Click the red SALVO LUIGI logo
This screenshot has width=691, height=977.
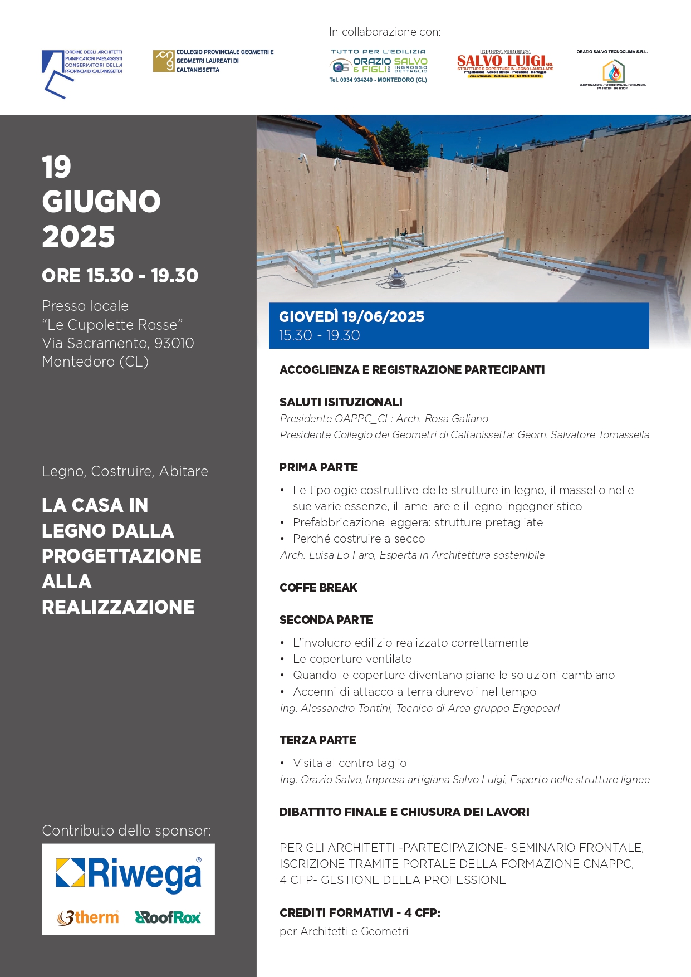point(504,61)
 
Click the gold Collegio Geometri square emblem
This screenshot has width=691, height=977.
point(164,61)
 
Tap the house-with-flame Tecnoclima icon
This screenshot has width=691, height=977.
point(613,72)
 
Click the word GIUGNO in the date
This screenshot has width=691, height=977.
point(101,202)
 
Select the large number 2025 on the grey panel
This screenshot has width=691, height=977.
point(79,237)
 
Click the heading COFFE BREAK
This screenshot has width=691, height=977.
point(318,588)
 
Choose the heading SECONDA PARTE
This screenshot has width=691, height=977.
point(326,620)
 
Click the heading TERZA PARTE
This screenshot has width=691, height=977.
point(317,740)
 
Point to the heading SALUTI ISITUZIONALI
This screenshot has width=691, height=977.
point(341,402)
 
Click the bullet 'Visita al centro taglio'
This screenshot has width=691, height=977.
point(350,763)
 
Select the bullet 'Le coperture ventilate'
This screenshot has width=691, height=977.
point(352,659)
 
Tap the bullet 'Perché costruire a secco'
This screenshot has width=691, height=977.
point(359,539)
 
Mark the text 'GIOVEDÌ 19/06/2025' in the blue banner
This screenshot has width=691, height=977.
point(351,317)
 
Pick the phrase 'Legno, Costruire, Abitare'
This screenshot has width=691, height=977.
point(125,471)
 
